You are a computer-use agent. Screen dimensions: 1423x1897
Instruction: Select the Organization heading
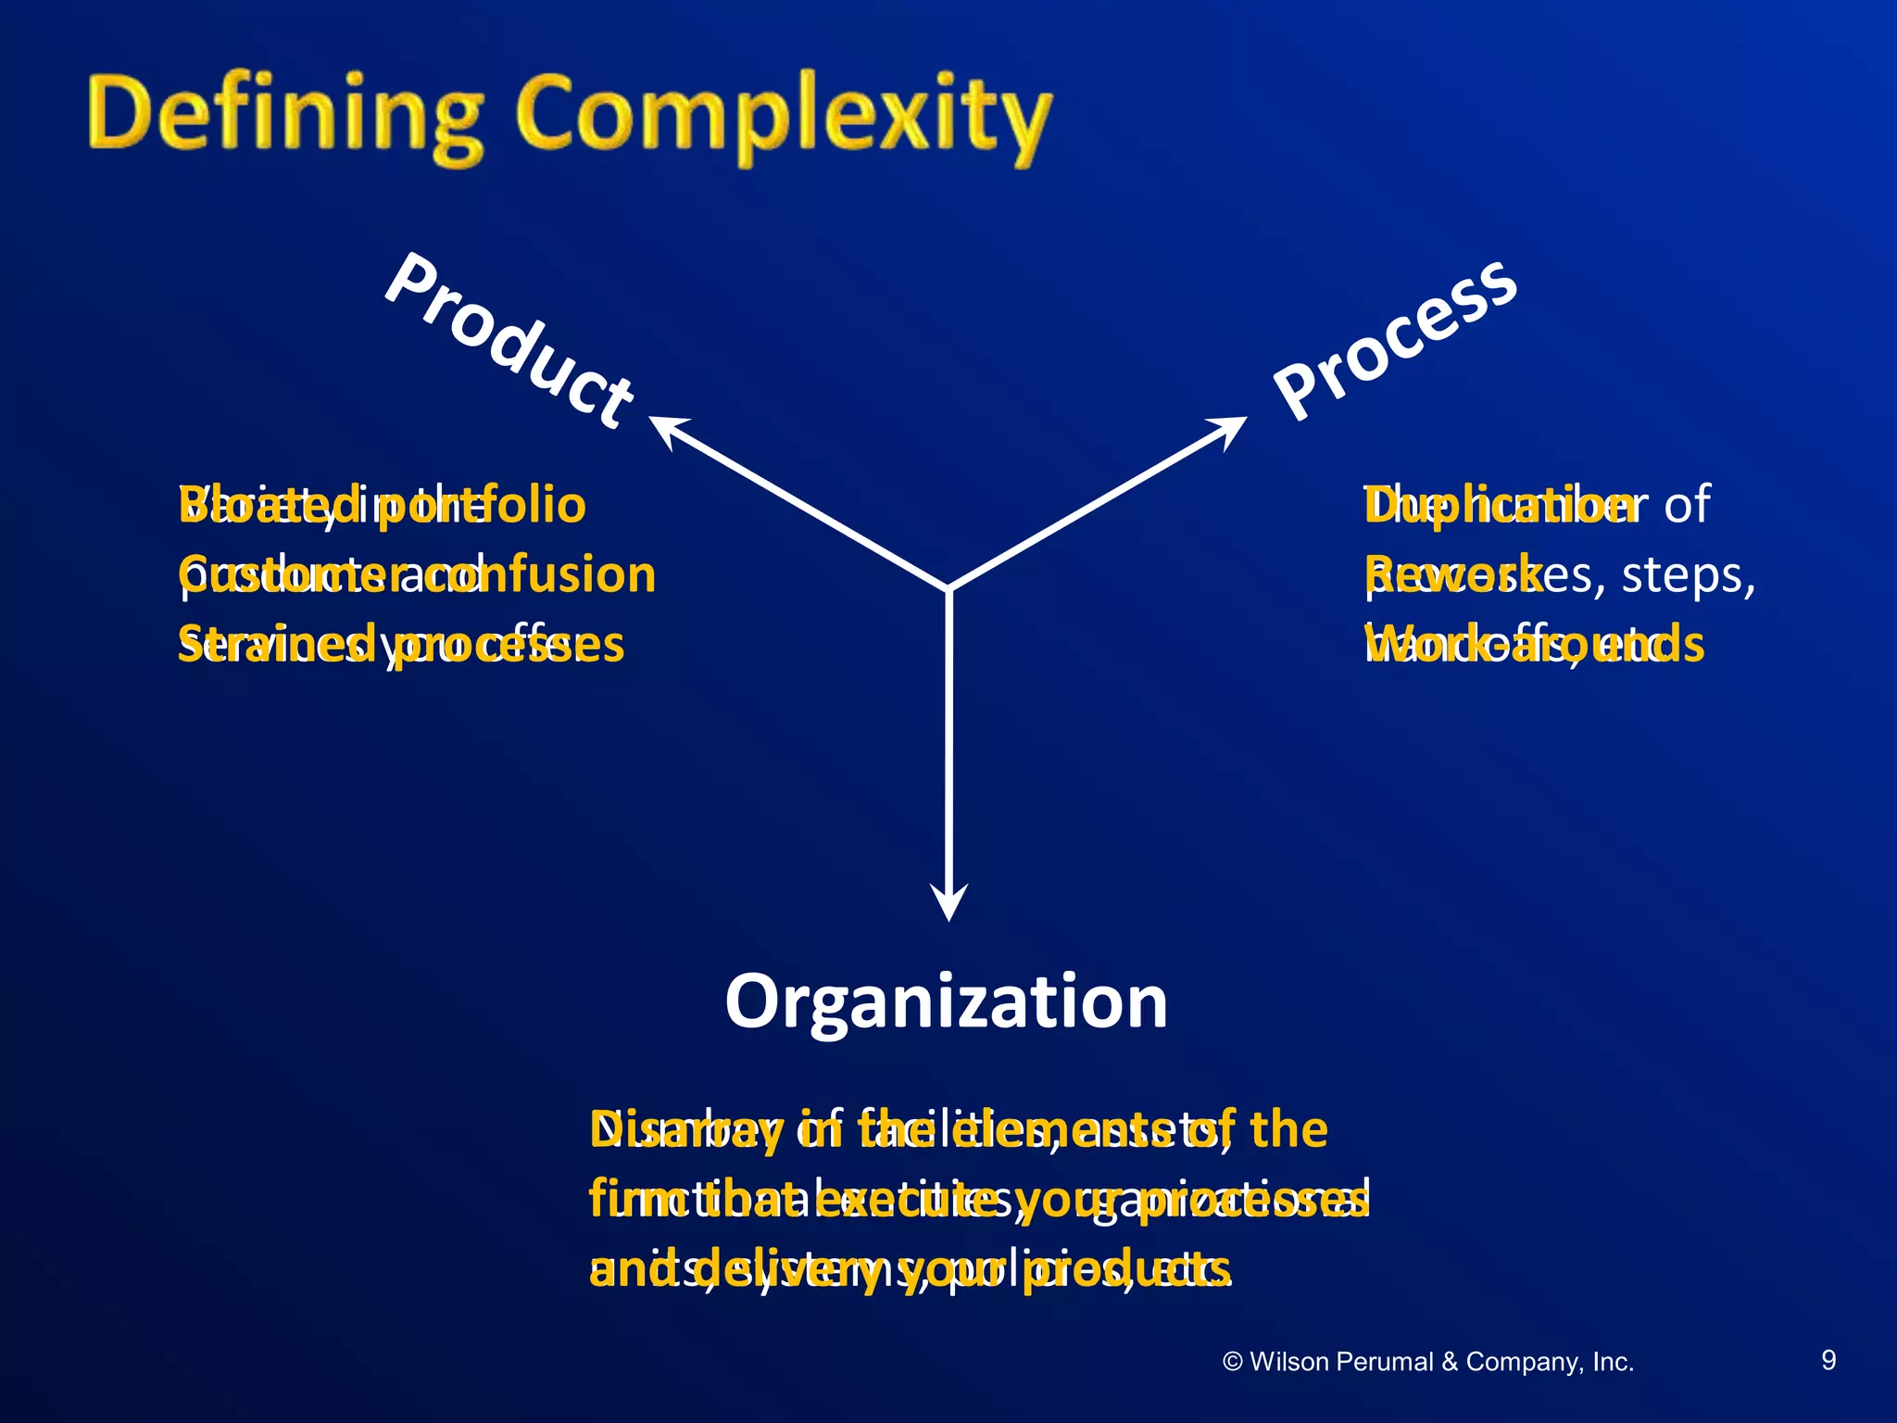click(946, 1002)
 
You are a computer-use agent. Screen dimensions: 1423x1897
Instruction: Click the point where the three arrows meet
click(949, 587)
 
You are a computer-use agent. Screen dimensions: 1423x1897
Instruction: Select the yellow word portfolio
click(482, 505)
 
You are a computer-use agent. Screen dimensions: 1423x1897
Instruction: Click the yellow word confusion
click(556, 574)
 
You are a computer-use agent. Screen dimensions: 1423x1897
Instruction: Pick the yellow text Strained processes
click(401, 644)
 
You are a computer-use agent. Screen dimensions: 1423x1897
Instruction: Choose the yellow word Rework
click(1452, 574)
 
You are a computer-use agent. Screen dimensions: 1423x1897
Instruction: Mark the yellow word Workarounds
click(1533, 644)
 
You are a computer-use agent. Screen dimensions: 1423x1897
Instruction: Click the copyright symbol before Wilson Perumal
click(1232, 1362)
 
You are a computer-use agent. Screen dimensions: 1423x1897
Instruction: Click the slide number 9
click(1828, 1360)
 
